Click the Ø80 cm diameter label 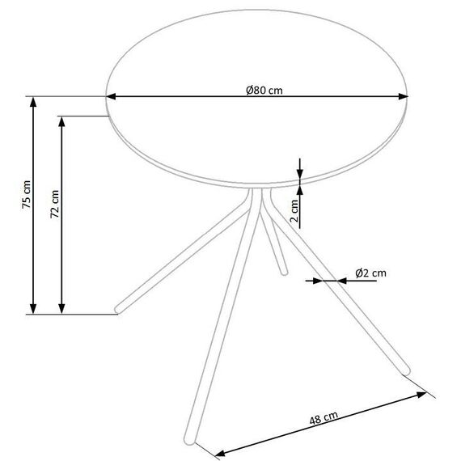click(264, 90)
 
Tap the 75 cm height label click(27, 195)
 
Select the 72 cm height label click(55, 204)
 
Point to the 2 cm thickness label click(294, 210)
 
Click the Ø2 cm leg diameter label click(370, 273)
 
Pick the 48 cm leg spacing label click(324, 418)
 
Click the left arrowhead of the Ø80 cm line click(111, 96)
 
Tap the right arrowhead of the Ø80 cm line click(403, 96)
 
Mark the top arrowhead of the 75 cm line click(33, 102)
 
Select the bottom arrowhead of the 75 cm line click(33, 309)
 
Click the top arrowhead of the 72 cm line click(61, 121)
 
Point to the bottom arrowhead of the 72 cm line click(61, 309)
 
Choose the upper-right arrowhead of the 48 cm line click(421, 394)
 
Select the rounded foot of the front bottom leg click(189, 440)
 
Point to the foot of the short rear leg click(284, 273)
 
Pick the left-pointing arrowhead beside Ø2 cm click(342, 281)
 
